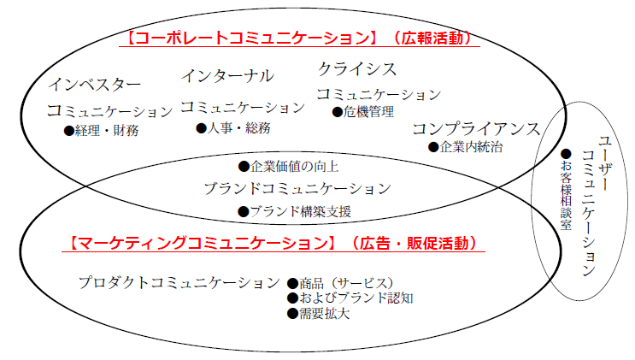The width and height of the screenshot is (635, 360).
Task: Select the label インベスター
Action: point(94,85)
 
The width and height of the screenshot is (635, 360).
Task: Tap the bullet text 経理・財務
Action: point(107,131)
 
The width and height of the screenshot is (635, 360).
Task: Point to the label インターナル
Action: point(226,76)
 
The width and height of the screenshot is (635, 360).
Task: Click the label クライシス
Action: point(356,68)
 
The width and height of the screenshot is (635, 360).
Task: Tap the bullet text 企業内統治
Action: point(471,147)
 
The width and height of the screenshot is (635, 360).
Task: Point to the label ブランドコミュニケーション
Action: point(297,188)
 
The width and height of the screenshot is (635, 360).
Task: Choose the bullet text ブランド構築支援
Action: point(299,211)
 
